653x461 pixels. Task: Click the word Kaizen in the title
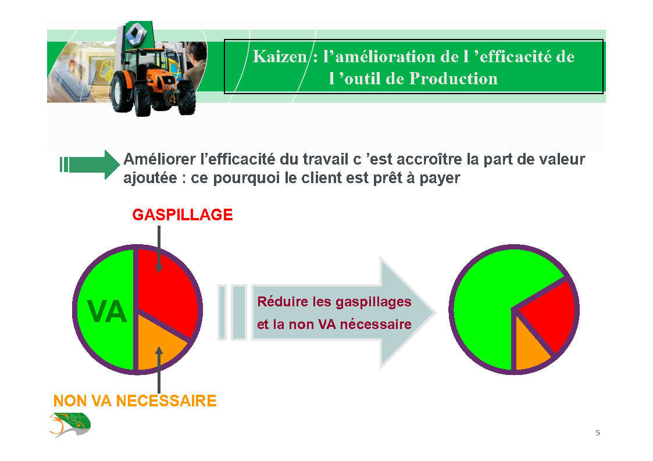pyautogui.click(x=280, y=56)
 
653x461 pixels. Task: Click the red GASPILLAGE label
pyautogui.click(x=183, y=215)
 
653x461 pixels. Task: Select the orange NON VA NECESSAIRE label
pyautogui.click(x=135, y=401)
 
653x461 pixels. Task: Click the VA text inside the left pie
pyautogui.click(x=106, y=312)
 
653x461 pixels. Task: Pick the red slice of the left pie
pyautogui.click(x=165, y=287)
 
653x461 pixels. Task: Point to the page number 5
pyautogui.click(x=598, y=433)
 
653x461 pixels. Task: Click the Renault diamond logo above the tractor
pyautogui.click(x=135, y=34)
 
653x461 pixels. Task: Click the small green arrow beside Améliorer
pyautogui.click(x=90, y=165)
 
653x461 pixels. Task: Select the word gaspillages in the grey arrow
pyautogui.click(x=373, y=302)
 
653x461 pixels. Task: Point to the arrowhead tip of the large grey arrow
pyautogui.click(x=435, y=312)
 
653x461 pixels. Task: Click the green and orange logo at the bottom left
pyautogui.click(x=70, y=425)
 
